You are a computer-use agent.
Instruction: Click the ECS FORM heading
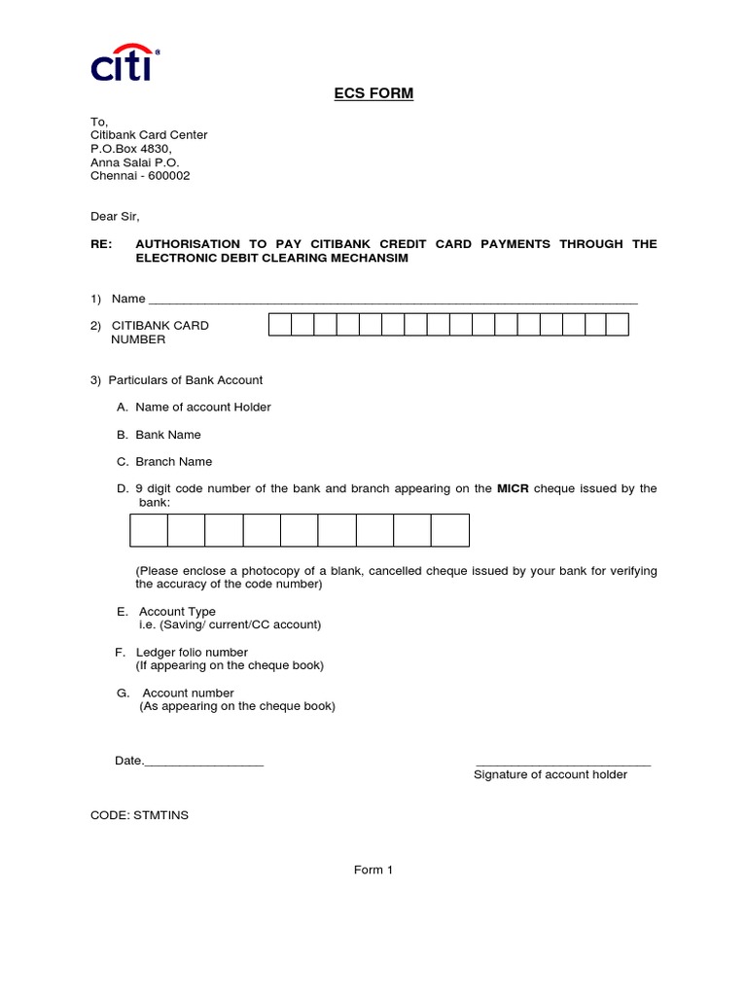coord(373,93)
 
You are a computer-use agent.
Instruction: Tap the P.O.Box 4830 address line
coord(131,149)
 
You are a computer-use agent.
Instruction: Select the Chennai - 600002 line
coord(140,176)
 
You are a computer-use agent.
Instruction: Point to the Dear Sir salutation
coord(122,217)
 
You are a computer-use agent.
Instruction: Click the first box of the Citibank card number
coord(280,325)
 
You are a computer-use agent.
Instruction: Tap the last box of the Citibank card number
coord(617,325)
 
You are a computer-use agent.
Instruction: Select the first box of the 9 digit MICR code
coord(149,530)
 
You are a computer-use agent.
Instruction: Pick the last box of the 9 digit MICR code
coord(450,530)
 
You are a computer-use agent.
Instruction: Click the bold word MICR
coord(513,488)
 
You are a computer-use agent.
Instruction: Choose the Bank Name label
coord(167,435)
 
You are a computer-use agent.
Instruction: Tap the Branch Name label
coord(173,462)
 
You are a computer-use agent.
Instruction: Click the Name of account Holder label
coord(202,408)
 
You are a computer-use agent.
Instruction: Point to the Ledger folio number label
coord(192,653)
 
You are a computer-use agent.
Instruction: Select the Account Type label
coord(177,612)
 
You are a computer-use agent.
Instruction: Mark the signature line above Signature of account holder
coord(563,765)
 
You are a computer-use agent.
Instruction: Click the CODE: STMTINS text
coord(140,815)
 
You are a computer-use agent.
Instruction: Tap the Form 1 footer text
coord(373,871)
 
